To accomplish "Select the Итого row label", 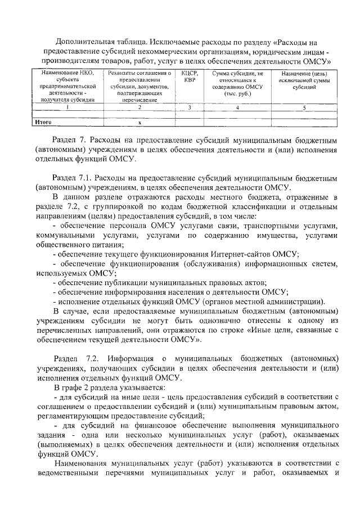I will pyautogui.click(x=43, y=121).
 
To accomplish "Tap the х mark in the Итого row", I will pyautogui.click(x=139, y=121).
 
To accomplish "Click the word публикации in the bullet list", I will pyautogui.click(x=121, y=282).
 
